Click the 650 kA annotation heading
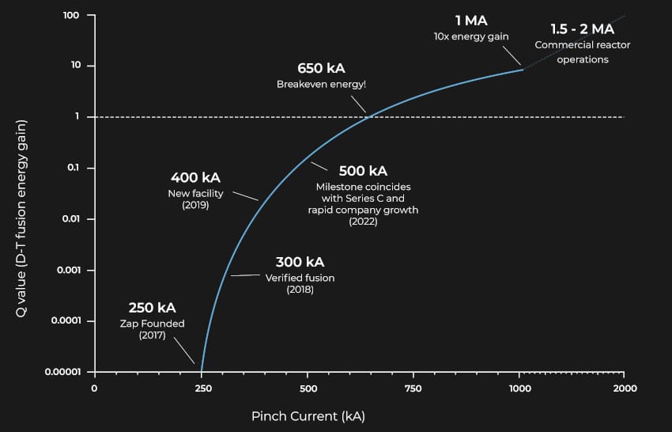click(321, 68)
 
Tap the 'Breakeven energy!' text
click(321, 85)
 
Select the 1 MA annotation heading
click(471, 21)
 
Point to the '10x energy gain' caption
click(471, 36)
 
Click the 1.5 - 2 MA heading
click(582, 29)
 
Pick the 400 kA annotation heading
click(194, 178)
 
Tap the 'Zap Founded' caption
click(152, 324)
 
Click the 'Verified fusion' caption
click(300, 278)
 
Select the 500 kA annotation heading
click(363, 171)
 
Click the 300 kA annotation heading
click(300, 262)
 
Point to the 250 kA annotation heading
click(152, 307)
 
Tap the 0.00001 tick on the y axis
click(62, 372)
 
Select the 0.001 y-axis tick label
click(69, 271)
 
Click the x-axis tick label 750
click(412, 388)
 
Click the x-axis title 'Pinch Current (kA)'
click(308, 415)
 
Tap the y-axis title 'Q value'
click(23, 218)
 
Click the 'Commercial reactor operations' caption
click(582, 52)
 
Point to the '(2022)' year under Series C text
click(363, 222)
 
